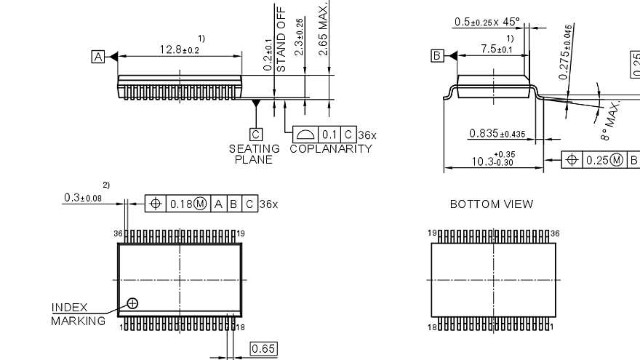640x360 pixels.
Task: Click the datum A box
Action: point(98,56)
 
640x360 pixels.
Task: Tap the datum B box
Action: point(437,56)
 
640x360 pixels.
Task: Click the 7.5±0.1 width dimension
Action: point(496,49)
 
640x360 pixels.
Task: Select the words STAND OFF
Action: point(281,44)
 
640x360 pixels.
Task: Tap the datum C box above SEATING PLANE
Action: point(255,134)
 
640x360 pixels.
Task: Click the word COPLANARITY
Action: point(330,149)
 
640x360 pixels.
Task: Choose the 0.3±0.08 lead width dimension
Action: point(83,198)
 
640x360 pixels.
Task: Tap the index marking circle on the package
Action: point(132,303)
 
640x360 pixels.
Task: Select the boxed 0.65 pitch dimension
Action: point(263,349)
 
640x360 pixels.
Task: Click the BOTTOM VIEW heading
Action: point(491,204)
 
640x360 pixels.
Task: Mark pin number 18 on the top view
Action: point(240,327)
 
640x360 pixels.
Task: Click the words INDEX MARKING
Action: point(78,314)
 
